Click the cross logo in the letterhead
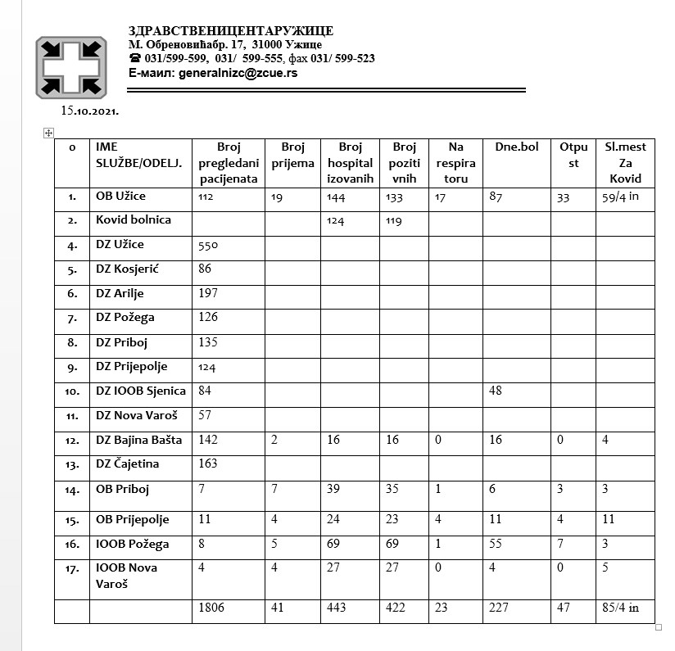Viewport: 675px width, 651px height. coord(70,67)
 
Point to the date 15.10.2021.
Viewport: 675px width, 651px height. coord(90,110)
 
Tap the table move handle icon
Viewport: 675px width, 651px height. coord(48,133)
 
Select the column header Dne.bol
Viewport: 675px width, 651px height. coord(516,147)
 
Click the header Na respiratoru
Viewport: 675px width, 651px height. coord(456,162)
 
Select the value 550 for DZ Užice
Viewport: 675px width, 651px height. coord(210,245)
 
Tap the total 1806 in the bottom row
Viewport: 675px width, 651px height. coord(211,608)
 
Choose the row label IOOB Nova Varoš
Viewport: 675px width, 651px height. coord(127,575)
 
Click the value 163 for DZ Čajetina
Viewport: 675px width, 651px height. coord(210,463)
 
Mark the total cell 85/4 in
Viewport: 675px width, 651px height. coord(620,608)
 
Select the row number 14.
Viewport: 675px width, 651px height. coord(72,491)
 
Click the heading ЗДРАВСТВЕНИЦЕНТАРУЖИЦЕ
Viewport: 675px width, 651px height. coord(231,31)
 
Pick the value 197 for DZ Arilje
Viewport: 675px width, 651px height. coord(210,293)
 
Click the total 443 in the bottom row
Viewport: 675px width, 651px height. coord(337,608)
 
